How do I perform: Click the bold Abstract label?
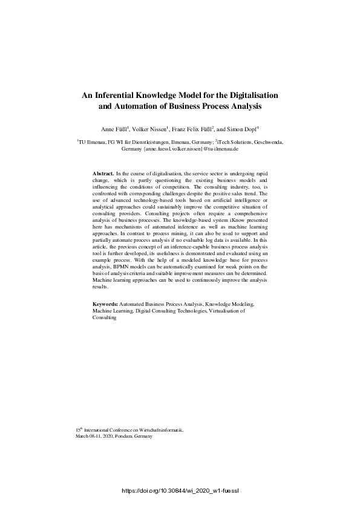(102, 173)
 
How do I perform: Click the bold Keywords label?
(105, 304)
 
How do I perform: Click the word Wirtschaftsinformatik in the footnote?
(159, 429)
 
